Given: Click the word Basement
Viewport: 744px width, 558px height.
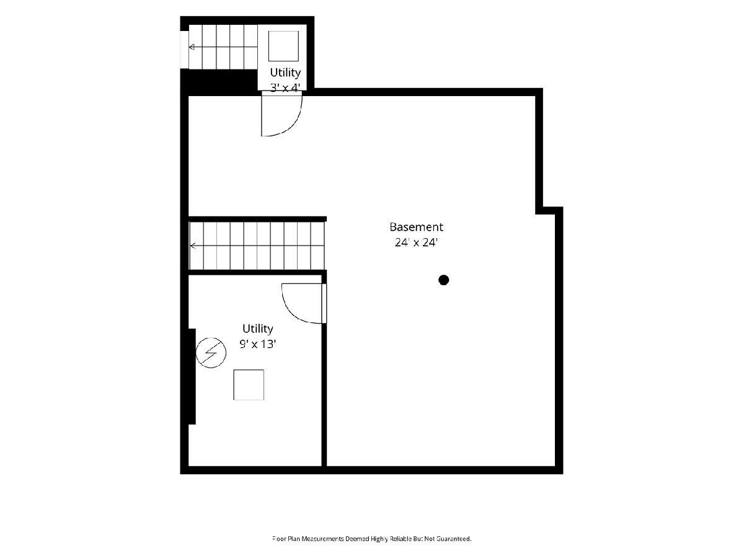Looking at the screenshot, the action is (x=416, y=227).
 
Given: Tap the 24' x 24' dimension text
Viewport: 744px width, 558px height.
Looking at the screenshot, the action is (x=416, y=242).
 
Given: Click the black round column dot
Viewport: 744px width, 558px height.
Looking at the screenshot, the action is (x=444, y=280).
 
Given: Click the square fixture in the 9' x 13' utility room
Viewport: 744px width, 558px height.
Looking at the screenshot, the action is (x=249, y=385).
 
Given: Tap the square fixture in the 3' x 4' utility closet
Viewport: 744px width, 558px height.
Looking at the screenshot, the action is (x=283, y=46).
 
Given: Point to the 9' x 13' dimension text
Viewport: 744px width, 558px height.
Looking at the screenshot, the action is (x=257, y=344).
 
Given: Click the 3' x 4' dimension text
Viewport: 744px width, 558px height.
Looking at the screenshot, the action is (x=285, y=88).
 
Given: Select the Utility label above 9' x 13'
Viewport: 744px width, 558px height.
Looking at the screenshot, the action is (x=257, y=329).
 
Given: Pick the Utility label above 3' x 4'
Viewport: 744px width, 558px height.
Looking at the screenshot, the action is (x=285, y=73).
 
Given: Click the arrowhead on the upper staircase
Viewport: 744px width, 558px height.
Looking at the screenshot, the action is (x=192, y=46).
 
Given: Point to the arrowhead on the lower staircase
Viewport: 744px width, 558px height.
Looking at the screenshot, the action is (x=193, y=246).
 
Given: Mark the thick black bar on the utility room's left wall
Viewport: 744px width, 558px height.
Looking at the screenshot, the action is (x=192, y=376).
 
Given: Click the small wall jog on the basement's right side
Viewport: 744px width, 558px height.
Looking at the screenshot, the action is (x=549, y=210).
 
